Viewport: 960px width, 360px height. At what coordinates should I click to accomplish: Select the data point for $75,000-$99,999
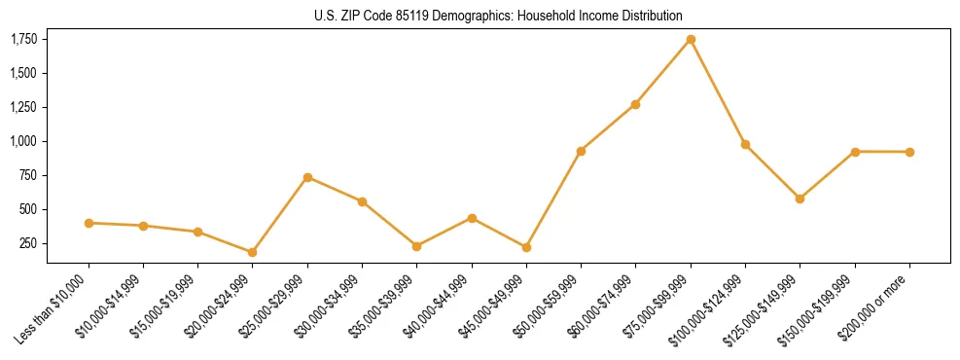coord(691,39)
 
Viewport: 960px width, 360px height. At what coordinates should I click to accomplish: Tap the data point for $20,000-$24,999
coord(252,252)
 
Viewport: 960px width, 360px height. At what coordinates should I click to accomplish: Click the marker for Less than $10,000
coord(89,223)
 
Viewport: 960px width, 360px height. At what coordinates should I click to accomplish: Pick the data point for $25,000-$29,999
coord(307,177)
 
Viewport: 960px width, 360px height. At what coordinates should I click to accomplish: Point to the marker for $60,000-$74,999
coord(635,104)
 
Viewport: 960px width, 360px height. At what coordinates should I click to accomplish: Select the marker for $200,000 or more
coord(909,152)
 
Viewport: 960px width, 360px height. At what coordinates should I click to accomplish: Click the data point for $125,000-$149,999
coord(800,198)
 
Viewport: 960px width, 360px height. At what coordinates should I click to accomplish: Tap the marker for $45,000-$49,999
coord(526,247)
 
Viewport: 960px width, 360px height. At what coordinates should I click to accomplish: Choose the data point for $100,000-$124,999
coord(745,144)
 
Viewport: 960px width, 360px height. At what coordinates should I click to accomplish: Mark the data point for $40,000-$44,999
coord(472,218)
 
